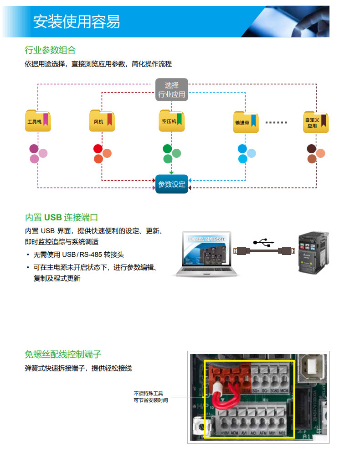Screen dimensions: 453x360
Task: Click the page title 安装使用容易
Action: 77,21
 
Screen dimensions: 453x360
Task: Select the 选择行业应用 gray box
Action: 171,90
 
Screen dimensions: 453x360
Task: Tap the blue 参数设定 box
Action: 171,184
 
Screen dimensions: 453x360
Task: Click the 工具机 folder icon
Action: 38,121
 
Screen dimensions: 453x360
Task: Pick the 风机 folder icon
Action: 102,121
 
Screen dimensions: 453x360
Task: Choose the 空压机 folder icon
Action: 172,121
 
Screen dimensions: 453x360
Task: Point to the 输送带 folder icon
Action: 246,122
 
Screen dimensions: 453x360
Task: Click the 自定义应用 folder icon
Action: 316,122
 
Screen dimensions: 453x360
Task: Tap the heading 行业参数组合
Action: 50,50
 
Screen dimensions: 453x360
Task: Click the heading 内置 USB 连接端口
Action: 61,218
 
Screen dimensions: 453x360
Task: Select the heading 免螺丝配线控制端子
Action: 63,354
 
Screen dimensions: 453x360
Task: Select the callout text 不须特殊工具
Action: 148,393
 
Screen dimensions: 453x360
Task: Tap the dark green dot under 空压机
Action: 167,149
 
